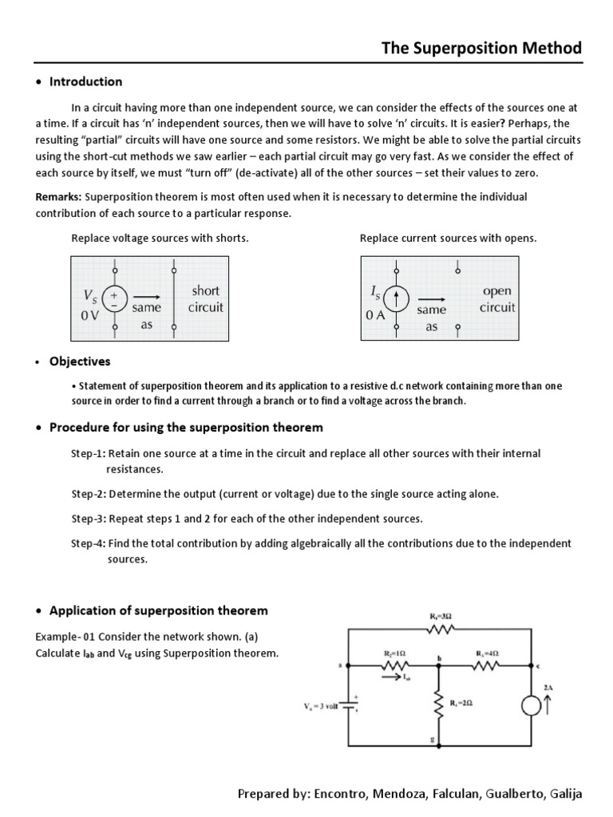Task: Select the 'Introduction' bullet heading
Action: (85, 81)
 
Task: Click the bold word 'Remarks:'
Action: (59, 196)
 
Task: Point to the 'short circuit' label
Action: (205, 298)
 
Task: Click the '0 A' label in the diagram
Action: (375, 315)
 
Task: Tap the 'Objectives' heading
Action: (80, 361)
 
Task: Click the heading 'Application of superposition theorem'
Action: (158, 610)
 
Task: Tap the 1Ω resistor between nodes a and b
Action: (396, 665)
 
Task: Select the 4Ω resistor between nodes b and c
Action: (487, 665)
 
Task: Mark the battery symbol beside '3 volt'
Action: (349, 707)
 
